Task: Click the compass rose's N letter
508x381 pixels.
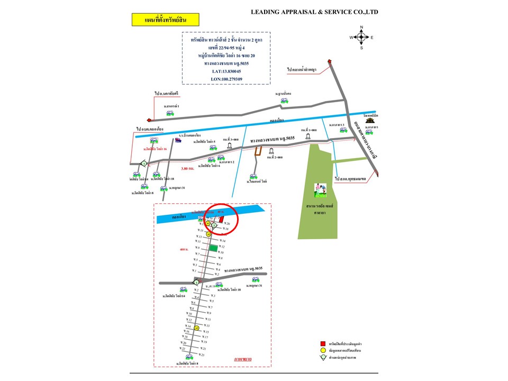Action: tap(361, 27)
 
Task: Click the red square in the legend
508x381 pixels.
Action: tap(322, 343)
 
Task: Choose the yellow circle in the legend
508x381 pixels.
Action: tap(322, 350)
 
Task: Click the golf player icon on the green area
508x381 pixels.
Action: tap(319, 188)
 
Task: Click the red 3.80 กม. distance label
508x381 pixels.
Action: tap(188, 169)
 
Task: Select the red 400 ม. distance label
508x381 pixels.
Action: tap(184, 249)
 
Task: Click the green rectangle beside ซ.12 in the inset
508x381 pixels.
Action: tap(213, 247)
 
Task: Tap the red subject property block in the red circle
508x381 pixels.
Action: tap(222, 217)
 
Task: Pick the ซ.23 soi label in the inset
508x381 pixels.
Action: tap(203, 355)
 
